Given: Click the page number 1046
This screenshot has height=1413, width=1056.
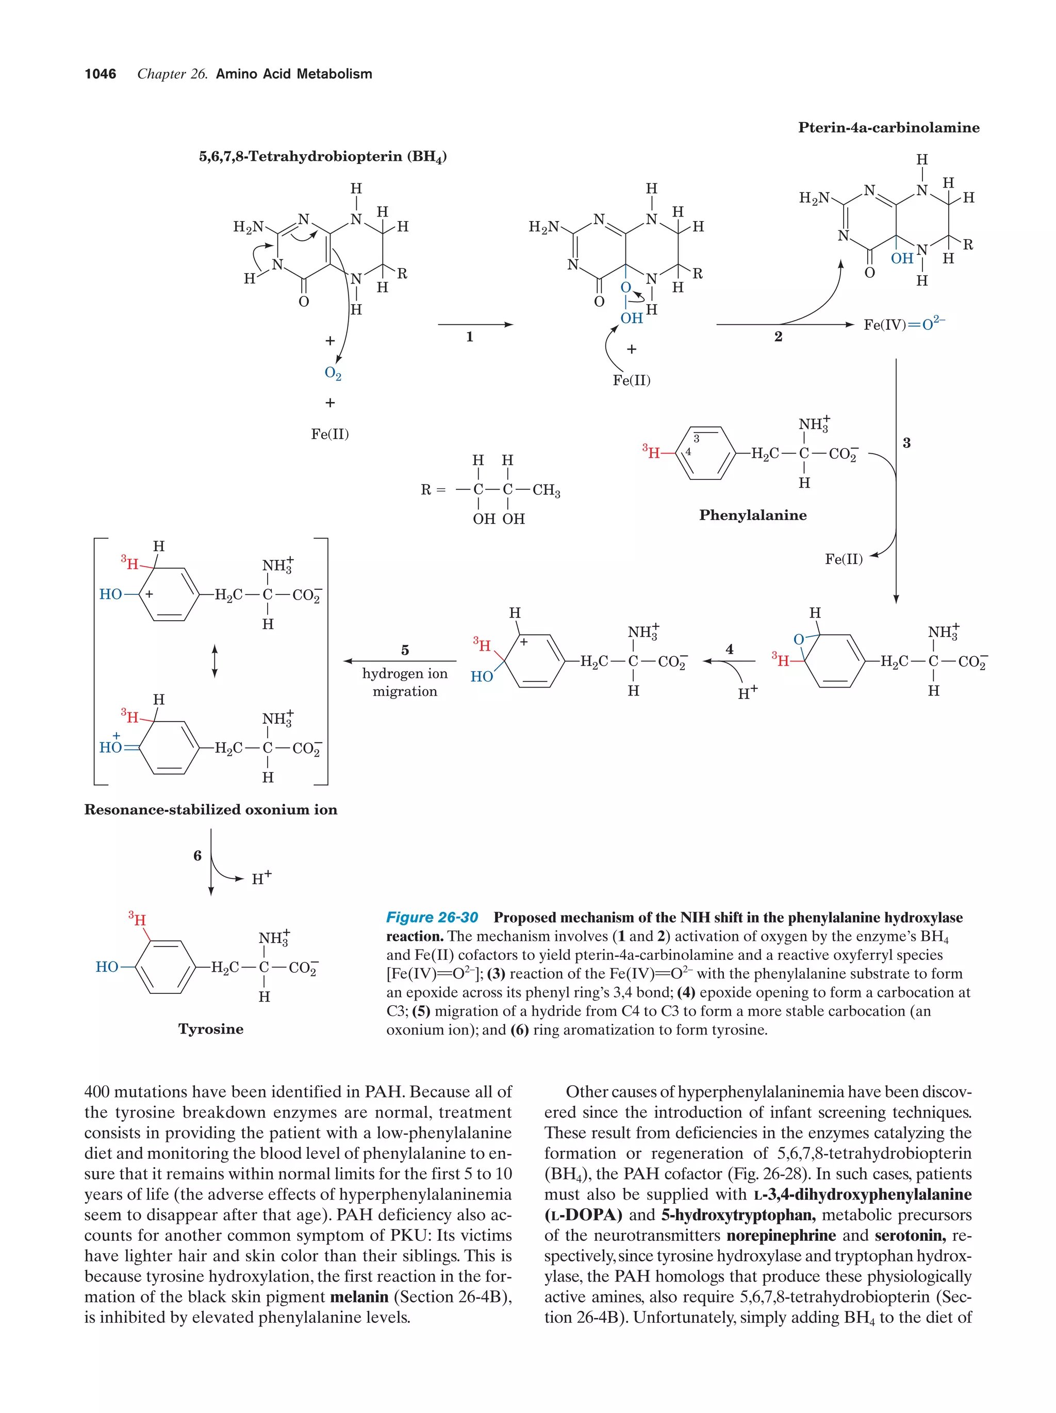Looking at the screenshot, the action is coord(101,74).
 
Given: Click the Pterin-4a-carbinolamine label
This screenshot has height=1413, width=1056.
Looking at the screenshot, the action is coord(888,128).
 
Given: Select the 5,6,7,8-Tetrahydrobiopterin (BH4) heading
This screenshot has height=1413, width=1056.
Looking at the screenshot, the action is coord(323,157).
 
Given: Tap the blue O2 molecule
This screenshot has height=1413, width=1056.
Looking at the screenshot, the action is coord(333,374).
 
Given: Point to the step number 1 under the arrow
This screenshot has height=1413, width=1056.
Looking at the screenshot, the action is coord(470,337).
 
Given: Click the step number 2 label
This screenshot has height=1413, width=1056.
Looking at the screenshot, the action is coord(778,337).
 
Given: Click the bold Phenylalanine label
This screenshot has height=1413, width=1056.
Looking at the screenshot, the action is coord(752,515).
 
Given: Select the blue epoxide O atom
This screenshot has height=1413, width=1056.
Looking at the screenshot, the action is coord(798,639).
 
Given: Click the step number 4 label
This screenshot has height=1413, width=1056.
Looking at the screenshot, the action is coord(729,649).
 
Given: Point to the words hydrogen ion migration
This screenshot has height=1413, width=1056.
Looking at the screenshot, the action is coord(405,682).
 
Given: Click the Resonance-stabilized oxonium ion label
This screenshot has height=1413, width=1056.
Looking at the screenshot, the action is coord(211,809).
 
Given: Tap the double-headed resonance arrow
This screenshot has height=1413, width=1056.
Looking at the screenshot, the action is coord(214,661).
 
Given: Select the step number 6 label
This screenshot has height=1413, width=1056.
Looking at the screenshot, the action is coord(197,855).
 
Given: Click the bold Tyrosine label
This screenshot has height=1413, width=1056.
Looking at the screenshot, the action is coord(211,1028).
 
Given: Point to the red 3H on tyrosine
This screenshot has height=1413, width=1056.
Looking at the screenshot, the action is coord(137,919).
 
